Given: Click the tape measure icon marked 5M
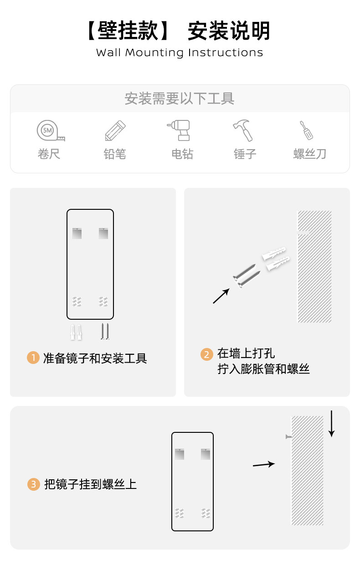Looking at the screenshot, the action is (x=51, y=130).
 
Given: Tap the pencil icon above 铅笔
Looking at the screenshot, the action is (x=115, y=130).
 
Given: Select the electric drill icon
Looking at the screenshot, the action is (x=179, y=130).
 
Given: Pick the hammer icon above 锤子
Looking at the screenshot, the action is (x=242, y=130).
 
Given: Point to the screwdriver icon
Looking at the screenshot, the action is (x=306, y=130).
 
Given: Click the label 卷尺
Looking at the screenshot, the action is (x=49, y=154).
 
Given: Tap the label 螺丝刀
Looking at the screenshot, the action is (x=309, y=154).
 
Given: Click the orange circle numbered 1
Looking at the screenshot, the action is (x=33, y=358).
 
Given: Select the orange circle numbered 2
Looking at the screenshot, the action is (x=207, y=354).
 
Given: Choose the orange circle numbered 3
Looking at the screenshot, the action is (x=34, y=484).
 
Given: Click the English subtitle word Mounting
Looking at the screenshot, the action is (x=154, y=53).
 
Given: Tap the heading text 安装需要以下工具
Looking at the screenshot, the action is (x=180, y=99).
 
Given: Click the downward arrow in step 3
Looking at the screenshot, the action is (x=331, y=424).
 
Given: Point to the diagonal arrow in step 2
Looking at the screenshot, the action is (x=221, y=296).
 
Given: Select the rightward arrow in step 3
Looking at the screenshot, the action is (x=264, y=464).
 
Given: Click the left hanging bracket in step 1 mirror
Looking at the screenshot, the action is (x=77, y=233).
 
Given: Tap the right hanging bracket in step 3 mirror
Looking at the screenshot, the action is (x=206, y=454).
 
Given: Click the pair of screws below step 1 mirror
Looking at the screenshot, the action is (x=105, y=332).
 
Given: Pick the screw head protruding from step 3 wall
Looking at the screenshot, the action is (x=288, y=436).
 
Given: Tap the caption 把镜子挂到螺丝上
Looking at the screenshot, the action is (x=90, y=484).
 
